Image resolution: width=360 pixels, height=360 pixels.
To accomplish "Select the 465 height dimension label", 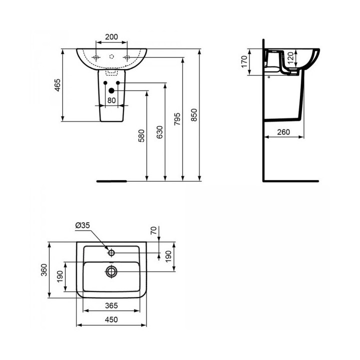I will pos(57,85).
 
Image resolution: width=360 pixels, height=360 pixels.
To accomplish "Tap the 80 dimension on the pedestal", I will pos(111,100).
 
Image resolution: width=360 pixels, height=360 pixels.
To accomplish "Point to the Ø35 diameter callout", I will pos(82,226).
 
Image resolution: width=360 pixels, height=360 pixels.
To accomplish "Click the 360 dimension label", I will pos(44,270).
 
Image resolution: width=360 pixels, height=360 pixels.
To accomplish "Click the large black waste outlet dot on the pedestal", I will pos(111,90).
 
